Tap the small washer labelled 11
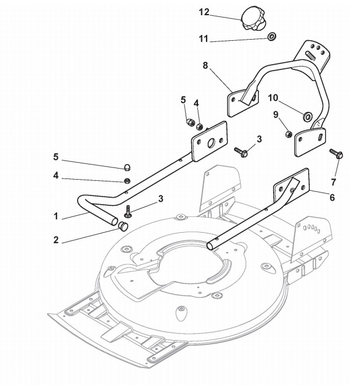coord(271,37)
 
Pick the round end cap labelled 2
coord(124,226)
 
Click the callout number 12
coord(204,12)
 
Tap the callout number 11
coord(204,39)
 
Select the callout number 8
coord(205,66)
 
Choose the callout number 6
coord(332,198)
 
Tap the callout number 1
coord(56,216)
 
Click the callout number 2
coord(56,240)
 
